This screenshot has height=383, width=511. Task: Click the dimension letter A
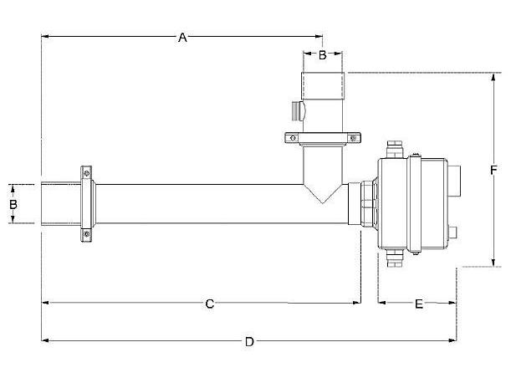pyautogui.click(x=182, y=38)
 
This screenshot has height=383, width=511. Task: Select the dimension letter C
pyautogui.click(x=210, y=304)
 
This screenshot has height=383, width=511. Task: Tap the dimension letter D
pyautogui.click(x=249, y=342)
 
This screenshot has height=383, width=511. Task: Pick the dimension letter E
pyautogui.click(x=419, y=304)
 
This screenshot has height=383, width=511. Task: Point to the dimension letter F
pyautogui.click(x=493, y=170)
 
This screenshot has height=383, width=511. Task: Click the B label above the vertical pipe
pyautogui.click(x=322, y=54)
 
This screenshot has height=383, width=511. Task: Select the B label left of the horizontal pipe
pyautogui.click(x=13, y=204)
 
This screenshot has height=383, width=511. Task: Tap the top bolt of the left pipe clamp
pyautogui.click(x=86, y=173)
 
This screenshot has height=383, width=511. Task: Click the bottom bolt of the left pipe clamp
pyautogui.click(x=86, y=233)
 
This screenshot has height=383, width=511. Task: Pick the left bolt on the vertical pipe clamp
pyautogui.click(x=293, y=138)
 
